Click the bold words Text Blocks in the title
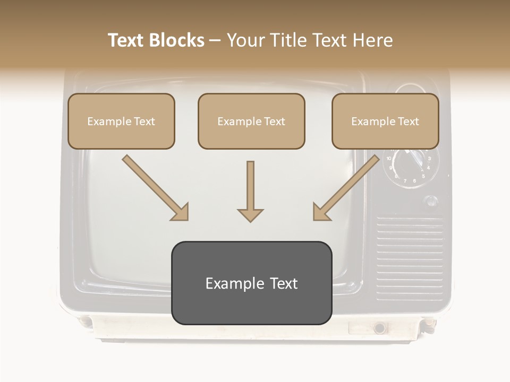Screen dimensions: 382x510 (156, 40)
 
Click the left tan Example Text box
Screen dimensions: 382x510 (121, 121)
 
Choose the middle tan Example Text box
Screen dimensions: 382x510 (251, 121)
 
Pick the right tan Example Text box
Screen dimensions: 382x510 (385, 121)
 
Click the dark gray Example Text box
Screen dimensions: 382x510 (251, 283)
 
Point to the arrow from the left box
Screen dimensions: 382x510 (155, 187)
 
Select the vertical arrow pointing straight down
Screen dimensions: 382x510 (250, 191)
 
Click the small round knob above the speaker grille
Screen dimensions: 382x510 (431, 201)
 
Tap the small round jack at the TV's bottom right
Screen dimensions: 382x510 (379, 328)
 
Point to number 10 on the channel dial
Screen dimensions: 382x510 (389, 158)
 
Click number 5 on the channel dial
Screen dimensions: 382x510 (423, 176)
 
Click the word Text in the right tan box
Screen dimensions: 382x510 (408, 121)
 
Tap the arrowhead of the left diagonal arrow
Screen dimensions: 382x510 (181, 212)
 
